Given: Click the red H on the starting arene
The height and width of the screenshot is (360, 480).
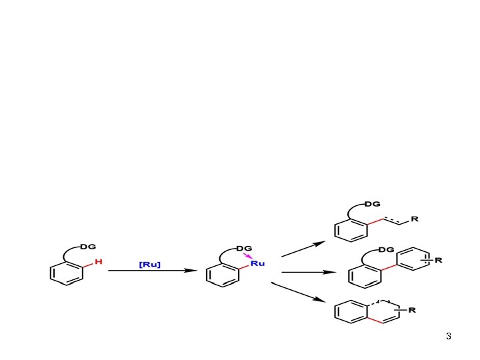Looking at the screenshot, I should (98, 262).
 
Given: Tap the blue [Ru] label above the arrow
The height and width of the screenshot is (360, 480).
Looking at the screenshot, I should (149, 265).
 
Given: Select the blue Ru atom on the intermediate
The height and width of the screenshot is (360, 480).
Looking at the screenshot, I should (258, 263).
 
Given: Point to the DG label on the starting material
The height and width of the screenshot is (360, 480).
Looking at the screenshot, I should (88, 247).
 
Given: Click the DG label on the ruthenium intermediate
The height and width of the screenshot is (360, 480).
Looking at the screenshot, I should (244, 248).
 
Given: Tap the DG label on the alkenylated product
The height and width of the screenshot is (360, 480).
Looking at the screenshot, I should (372, 203).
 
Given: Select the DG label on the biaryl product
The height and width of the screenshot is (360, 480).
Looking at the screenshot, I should (385, 249).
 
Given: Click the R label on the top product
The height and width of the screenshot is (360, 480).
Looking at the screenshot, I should (415, 218).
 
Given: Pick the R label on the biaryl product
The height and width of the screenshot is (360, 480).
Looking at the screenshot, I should (438, 260).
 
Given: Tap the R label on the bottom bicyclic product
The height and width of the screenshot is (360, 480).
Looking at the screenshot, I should (413, 310).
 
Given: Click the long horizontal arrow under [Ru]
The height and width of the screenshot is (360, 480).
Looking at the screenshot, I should (153, 271).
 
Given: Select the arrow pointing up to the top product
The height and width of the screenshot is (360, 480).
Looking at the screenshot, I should (303, 249).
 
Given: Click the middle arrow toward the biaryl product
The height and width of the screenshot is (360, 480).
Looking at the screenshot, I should (307, 272).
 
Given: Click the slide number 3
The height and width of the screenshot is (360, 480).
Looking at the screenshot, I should (449, 336).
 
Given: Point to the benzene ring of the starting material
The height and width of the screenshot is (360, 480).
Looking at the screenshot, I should (67, 273).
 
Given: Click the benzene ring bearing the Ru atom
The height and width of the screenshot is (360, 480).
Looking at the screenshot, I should (223, 275).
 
